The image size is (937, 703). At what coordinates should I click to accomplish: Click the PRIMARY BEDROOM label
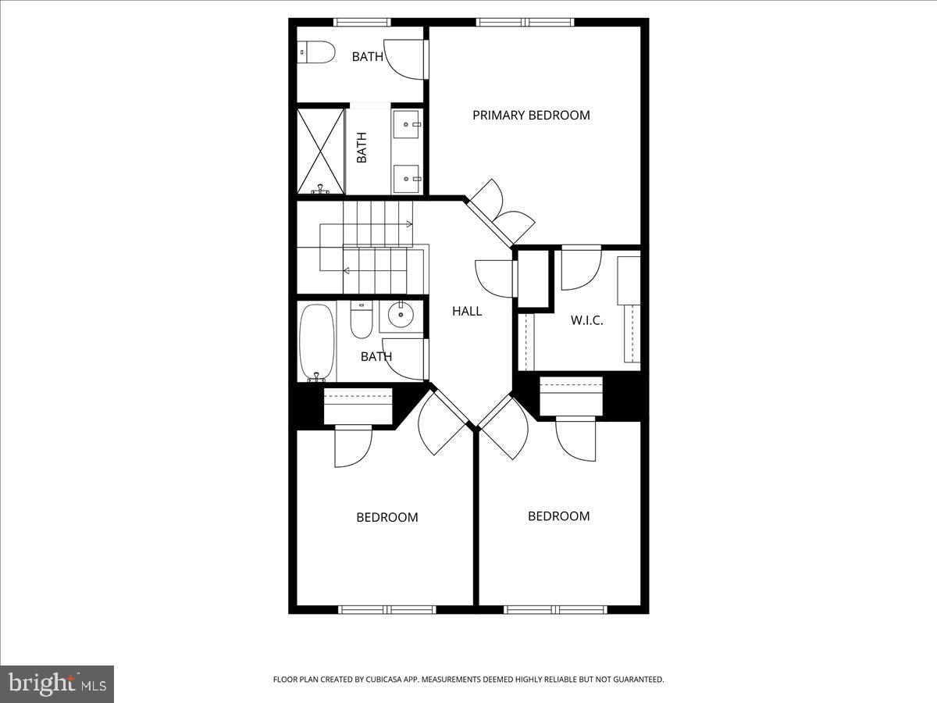[x=531, y=115]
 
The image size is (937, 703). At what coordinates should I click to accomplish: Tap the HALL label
[x=467, y=311]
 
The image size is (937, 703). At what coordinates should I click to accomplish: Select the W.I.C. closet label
[x=586, y=320]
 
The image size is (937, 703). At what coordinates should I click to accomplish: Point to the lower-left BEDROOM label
[x=387, y=517]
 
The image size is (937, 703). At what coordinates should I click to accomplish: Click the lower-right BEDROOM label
[x=558, y=516]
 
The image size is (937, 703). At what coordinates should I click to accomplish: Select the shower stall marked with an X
[x=321, y=151]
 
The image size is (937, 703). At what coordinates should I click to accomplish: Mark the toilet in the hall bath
[x=361, y=321]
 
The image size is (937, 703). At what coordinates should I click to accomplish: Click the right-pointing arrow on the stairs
[x=408, y=224]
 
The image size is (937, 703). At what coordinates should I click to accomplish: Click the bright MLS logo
[x=57, y=684]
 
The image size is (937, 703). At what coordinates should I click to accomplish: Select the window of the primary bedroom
[x=526, y=22]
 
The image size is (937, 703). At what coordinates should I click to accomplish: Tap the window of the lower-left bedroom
[x=387, y=609]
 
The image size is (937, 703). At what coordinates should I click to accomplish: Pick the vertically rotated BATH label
[x=362, y=148]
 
